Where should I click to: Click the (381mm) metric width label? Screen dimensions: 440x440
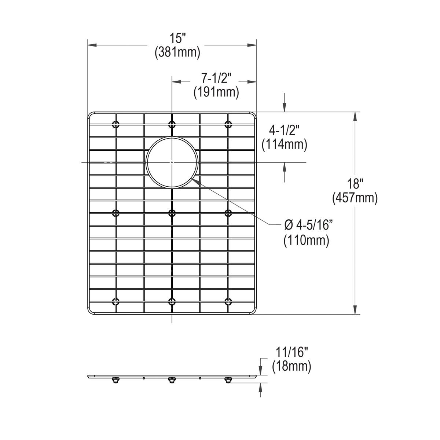[177, 52]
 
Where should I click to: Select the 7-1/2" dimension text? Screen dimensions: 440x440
[216, 79]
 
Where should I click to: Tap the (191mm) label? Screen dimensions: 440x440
[216, 92]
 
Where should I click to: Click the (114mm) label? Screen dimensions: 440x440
[284, 144]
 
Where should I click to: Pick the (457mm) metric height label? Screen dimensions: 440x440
[355, 198]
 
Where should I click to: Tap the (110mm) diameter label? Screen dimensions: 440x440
[306, 240]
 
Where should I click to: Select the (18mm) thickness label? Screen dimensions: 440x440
[291, 366]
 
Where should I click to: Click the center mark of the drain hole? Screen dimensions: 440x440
[172, 162]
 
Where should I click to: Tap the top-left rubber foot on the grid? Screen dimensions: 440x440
[116, 124]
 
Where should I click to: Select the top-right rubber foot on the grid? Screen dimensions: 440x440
[228, 124]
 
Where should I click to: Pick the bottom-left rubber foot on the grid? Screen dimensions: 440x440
[116, 301]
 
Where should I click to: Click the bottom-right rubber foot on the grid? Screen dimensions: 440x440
[228, 301]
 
